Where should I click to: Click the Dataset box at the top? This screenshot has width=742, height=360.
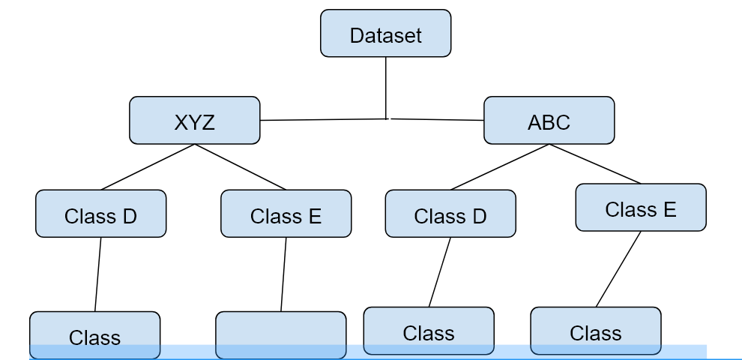coord(385,34)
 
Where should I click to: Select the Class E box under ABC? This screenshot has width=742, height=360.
coord(640,208)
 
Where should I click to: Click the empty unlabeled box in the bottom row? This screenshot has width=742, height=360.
coord(280,334)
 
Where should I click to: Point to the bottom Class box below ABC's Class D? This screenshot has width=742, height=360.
coord(428,331)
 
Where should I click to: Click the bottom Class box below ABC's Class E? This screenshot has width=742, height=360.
coord(595,331)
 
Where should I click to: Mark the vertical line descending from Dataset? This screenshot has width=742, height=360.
coord(386,86)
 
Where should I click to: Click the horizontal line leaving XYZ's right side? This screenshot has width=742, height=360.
coord(322,119)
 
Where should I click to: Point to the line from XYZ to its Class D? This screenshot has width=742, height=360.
coord(148,167)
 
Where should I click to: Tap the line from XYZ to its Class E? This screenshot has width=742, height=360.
coord(241,167)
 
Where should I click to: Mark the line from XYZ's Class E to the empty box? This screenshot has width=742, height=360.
coord(283,274)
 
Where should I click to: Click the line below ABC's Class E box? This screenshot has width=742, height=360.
coord(618,268)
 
